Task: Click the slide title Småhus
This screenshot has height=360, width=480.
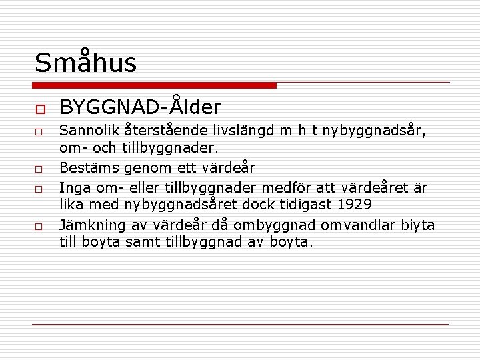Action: pyautogui.click(x=85, y=63)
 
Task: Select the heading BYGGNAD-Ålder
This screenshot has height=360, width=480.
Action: pyautogui.click(x=140, y=106)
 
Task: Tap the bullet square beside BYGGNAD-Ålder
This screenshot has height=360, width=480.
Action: pyautogui.click(x=39, y=108)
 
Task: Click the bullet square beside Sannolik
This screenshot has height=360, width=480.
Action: pyautogui.click(x=39, y=133)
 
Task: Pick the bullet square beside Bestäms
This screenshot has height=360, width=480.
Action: pyautogui.click(x=39, y=170)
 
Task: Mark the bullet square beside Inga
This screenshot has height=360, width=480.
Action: pyautogui.click(x=39, y=189)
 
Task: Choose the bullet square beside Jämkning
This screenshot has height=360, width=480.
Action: pyautogui.click(x=39, y=227)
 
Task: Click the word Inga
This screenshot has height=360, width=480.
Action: pyautogui.click(x=74, y=187)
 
